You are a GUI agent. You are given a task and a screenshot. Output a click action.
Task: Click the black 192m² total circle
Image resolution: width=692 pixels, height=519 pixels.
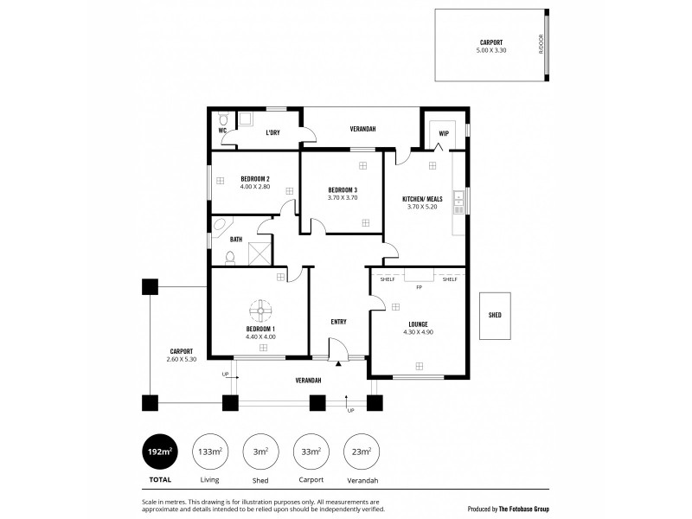click(x=159, y=452)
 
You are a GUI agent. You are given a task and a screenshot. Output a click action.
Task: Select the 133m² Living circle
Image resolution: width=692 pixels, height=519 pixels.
click(x=210, y=452)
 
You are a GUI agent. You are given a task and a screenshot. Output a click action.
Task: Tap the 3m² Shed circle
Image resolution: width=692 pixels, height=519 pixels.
click(x=260, y=452)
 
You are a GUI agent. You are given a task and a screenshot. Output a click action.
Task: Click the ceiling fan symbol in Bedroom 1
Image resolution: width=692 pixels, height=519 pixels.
click(x=260, y=311)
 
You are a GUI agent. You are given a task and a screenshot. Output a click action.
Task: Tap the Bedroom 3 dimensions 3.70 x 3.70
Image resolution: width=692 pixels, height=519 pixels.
click(x=343, y=198)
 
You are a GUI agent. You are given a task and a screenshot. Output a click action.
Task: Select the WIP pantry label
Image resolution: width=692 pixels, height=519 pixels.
click(x=443, y=132)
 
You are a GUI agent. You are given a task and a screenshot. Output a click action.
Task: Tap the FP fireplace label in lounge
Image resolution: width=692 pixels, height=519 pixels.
click(x=419, y=286)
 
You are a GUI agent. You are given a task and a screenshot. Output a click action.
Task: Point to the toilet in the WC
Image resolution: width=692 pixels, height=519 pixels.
click(x=222, y=120)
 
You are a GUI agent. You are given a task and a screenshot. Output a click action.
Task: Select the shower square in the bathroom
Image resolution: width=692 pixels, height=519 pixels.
click(x=259, y=253)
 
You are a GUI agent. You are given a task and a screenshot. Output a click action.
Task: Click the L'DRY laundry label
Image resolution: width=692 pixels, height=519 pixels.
click(x=272, y=132)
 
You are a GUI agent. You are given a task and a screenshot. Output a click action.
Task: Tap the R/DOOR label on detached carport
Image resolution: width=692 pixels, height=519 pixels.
click(x=541, y=44)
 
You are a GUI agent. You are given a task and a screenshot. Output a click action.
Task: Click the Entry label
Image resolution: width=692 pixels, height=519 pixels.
click(x=338, y=322)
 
